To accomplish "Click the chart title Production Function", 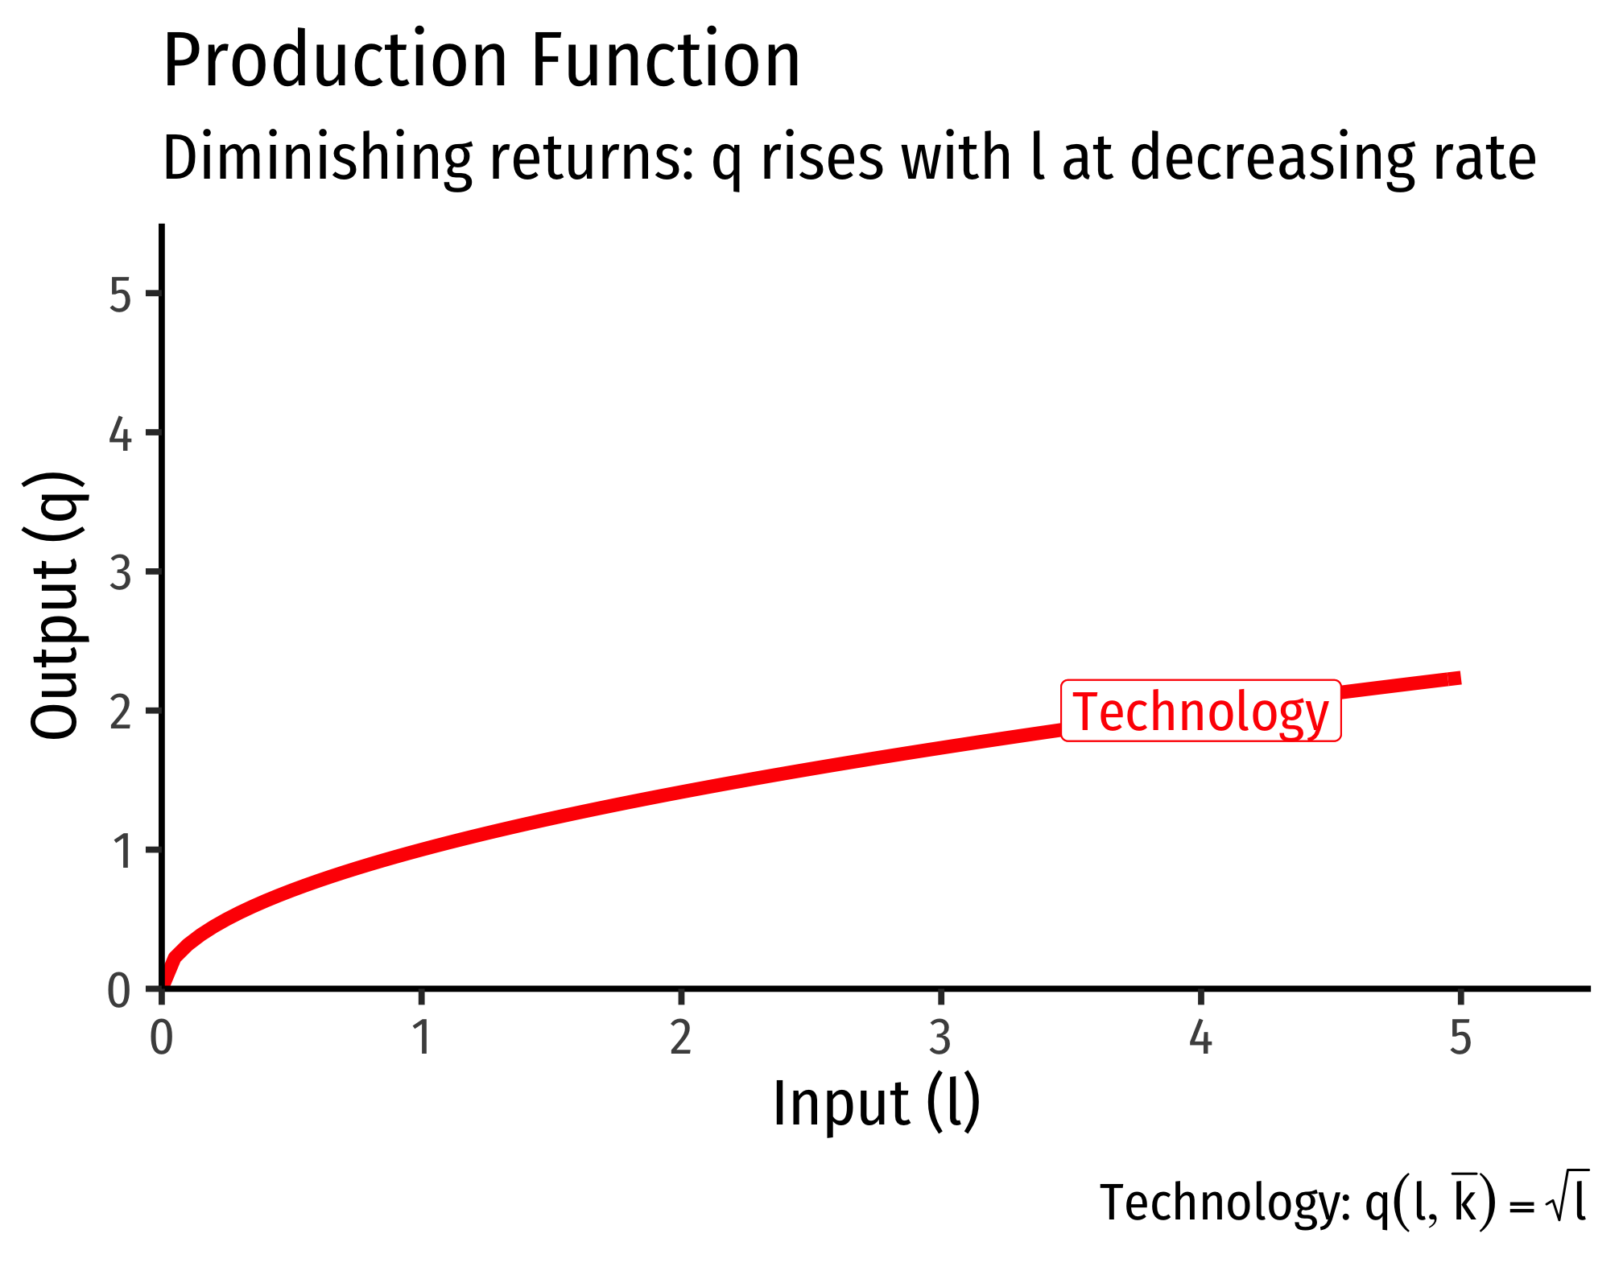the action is coord(481,60).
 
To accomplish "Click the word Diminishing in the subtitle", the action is coord(317,159).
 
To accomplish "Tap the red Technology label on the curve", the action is coord(1201,711).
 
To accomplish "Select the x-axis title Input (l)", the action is coord(877,1104).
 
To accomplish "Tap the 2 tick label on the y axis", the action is coord(120,712).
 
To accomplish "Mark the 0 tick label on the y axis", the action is coord(119,991).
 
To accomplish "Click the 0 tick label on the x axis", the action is coord(162,1037).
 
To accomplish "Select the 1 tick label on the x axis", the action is coord(422,1037).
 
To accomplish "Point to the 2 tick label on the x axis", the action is coord(681,1037).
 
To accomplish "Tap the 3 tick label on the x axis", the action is coord(940,1037).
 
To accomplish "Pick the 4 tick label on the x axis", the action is coord(1200,1037).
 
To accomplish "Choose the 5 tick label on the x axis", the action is coord(1460,1037).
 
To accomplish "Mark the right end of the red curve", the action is coord(1460,679).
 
